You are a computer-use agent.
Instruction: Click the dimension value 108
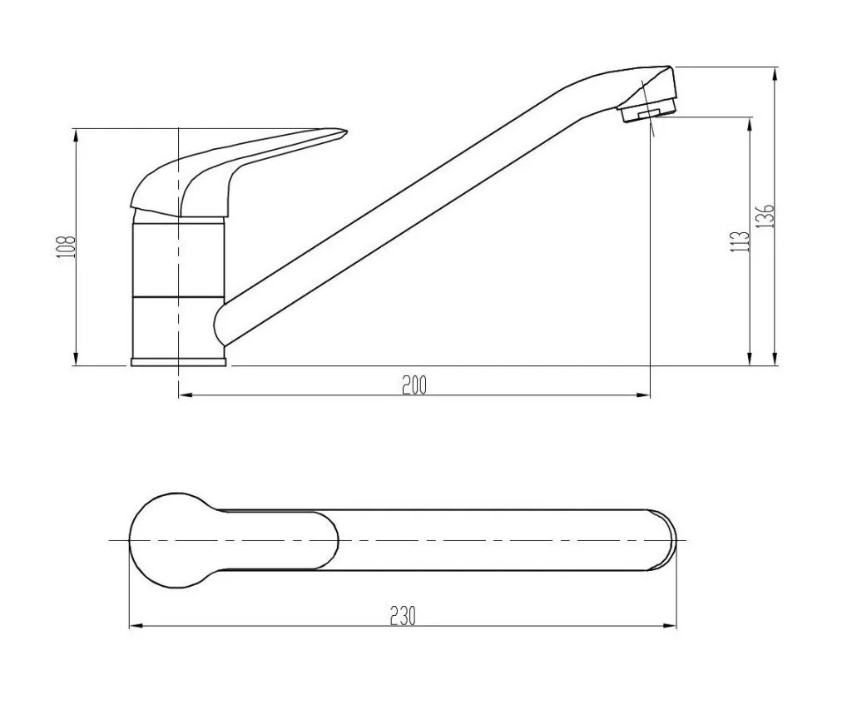pos(67,246)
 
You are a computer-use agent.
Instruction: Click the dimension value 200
pos(414,385)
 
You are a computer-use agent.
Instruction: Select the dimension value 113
pos(741,241)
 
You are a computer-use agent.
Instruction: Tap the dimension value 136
pos(765,216)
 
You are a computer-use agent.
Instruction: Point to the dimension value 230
pos(403,616)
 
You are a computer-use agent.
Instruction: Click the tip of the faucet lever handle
pos(345,131)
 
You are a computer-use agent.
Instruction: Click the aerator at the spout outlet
pos(647,112)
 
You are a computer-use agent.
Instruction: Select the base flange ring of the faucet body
pos(178,361)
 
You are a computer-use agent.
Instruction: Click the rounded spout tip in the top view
pos(666,540)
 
